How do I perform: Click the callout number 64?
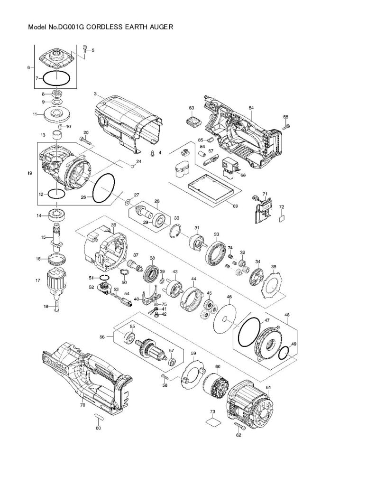coord(251,108)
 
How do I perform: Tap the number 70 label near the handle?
coord(83,405)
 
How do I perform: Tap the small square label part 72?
coord(282,218)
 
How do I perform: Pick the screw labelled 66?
coord(286,126)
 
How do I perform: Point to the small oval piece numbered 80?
coord(99,416)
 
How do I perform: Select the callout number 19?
coord(29,174)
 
